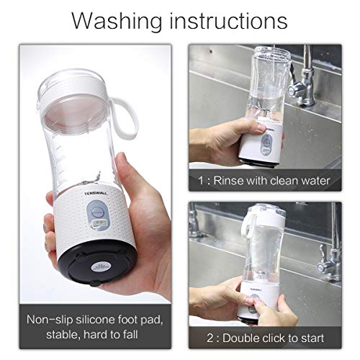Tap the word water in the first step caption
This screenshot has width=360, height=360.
point(315,180)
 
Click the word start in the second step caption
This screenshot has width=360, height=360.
point(310,338)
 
